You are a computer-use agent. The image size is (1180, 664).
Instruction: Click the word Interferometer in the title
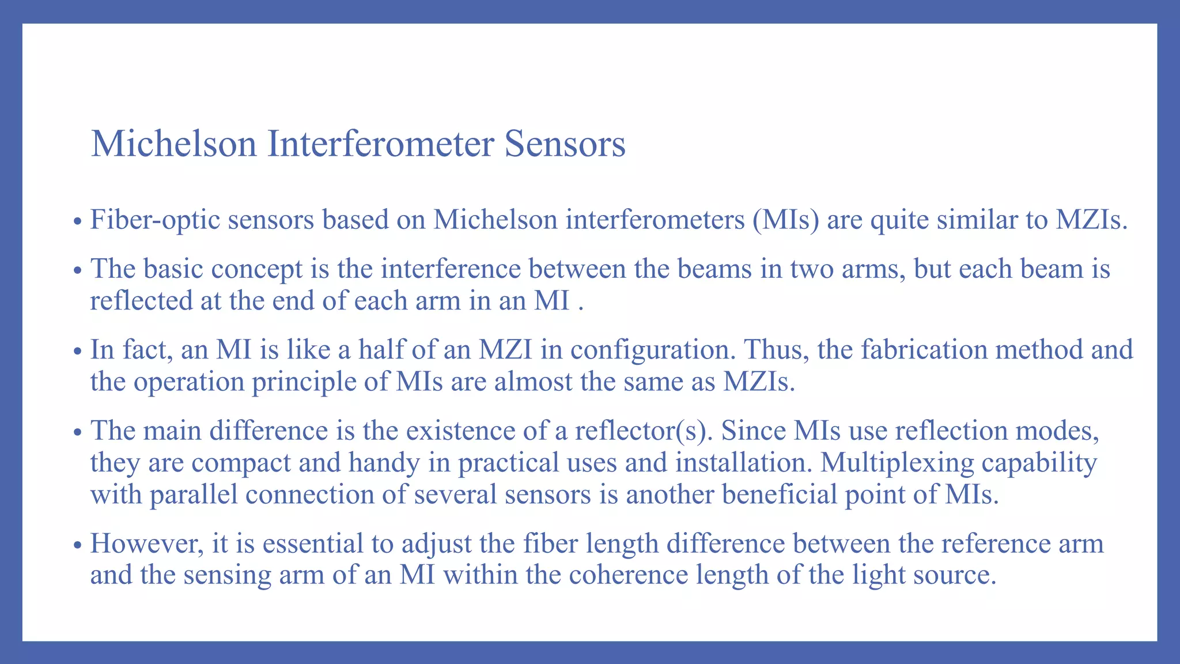380,144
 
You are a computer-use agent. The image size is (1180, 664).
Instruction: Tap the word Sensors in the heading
565,144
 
